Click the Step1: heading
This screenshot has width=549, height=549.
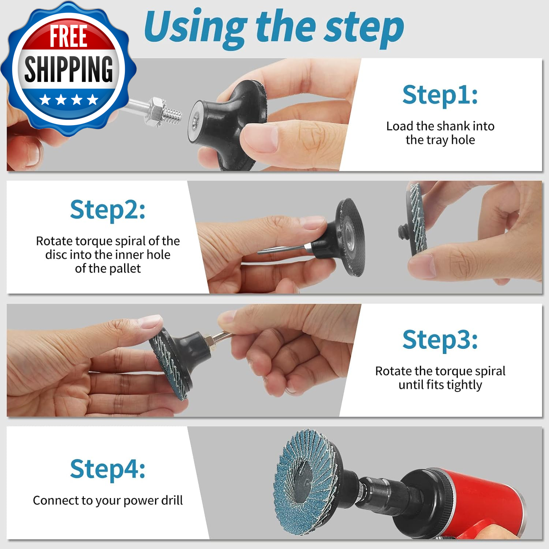point(440,95)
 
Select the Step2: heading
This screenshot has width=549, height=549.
point(108,210)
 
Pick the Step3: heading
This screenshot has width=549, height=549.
point(440,340)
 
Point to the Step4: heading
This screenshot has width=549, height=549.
point(108,469)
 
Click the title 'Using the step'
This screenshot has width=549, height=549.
point(274,27)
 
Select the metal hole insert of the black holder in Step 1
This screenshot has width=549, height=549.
point(195,121)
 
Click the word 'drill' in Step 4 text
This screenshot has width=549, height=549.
point(172,500)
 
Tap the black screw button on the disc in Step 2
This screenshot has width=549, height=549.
point(403,231)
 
